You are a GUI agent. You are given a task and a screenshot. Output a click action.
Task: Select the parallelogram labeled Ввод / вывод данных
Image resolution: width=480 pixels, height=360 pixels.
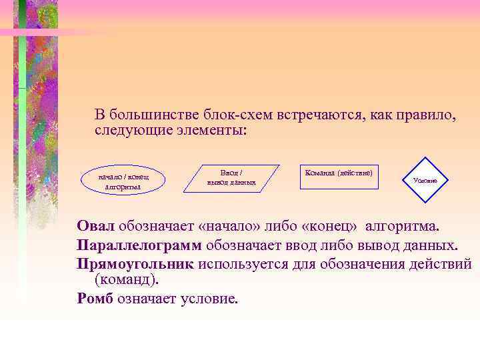231,177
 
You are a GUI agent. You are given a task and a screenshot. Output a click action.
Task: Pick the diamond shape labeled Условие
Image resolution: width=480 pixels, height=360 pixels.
425,180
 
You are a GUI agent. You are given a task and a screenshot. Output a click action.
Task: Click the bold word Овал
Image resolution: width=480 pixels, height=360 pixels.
96,225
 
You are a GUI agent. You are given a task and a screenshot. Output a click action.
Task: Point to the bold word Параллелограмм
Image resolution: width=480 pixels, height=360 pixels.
140,245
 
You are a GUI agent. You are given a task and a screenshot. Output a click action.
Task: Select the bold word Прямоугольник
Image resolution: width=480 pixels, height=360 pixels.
135,263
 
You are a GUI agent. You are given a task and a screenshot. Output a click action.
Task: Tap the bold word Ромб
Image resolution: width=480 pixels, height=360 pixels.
95,299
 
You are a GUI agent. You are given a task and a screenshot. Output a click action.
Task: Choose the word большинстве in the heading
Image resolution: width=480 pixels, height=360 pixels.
153,114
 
